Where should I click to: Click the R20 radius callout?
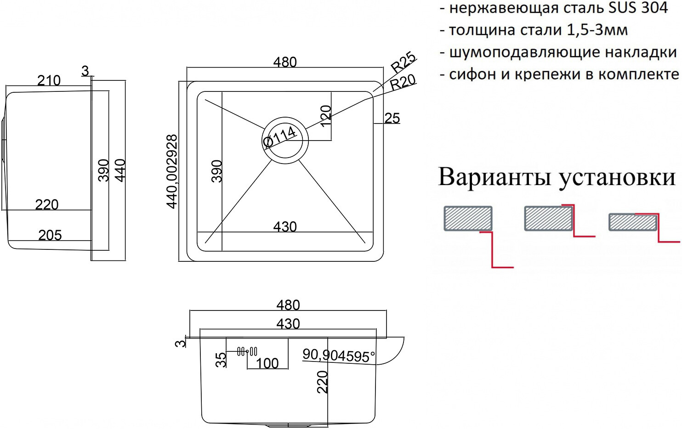(x=403, y=82)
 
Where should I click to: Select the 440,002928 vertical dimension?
(x=172, y=171)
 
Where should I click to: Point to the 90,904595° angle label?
(x=339, y=355)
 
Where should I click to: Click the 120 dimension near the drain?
(x=325, y=116)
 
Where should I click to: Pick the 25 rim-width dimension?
(x=392, y=118)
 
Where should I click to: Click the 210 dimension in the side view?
(x=49, y=80)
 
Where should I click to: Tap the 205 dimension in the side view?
(x=50, y=235)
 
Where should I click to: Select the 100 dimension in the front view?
(x=267, y=363)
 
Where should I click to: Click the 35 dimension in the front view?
(x=221, y=359)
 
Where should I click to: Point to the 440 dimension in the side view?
(x=120, y=170)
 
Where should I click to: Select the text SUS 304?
(x=638, y=8)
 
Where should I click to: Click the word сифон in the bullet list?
(x=473, y=74)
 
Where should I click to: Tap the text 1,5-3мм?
(x=597, y=30)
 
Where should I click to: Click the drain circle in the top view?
(x=285, y=140)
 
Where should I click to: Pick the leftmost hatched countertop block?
(x=468, y=218)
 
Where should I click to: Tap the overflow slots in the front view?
(x=247, y=352)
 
